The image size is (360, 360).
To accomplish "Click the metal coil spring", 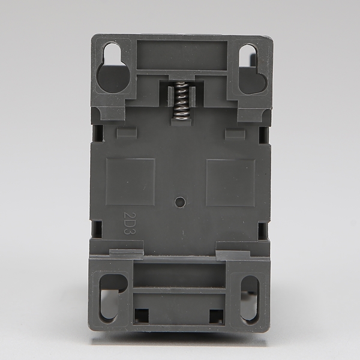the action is click(x=179, y=101).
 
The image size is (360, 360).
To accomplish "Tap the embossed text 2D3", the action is click(x=130, y=223).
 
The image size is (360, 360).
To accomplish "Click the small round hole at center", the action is click(x=180, y=202).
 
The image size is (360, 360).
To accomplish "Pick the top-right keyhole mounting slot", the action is click(x=253, y=69).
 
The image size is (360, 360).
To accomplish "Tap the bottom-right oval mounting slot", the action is click(x=250, y=298).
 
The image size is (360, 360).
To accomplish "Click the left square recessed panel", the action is click(x=130, y=182).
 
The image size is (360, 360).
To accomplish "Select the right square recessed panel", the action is click(x=231, y=182).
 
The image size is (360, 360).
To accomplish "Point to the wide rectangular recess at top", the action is click(x=182, y=55).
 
